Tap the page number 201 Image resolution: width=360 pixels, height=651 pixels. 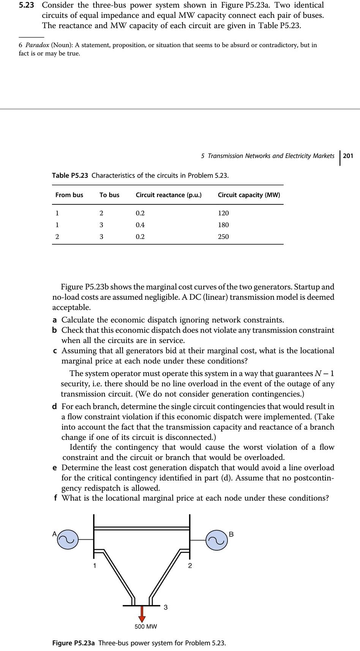tap(348, 156)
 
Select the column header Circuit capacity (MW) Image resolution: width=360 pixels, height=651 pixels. tap(249, 195)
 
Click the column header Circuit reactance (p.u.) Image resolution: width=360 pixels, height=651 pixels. tap(169, 195)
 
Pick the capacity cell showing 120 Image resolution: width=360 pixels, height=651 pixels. tap(223, 213)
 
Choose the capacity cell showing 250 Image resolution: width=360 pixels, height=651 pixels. tap(223, 237)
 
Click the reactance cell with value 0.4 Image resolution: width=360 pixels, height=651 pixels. tap(140, 225)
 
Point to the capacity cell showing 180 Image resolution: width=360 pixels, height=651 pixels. tap(223, 225)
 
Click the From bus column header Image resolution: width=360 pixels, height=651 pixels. tap(69, 195)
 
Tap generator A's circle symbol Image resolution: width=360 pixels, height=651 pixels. tap(68, 539)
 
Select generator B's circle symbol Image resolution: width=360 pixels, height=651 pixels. tap(217, 539)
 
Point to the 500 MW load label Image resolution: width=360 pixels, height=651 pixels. tap(145, 626)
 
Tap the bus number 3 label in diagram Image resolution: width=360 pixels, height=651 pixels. tap(166, 607)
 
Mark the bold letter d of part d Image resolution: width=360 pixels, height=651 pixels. tap(55, 407)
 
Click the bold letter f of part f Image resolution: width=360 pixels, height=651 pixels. tap(55, 498)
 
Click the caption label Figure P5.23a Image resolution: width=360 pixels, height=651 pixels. tap(74, 643)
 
